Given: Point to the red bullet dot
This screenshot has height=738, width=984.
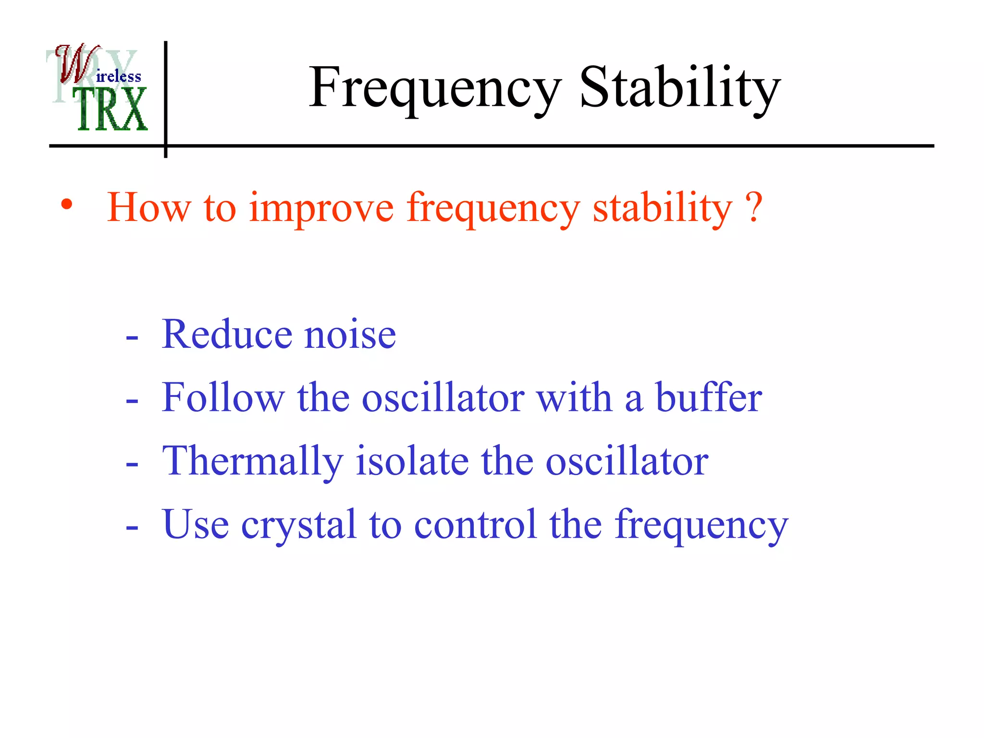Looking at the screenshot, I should click(x=67, y=206).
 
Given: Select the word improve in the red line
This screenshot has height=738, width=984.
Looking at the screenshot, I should click(x=321, y=209).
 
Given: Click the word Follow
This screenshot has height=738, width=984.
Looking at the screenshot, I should click(x=223, y=398).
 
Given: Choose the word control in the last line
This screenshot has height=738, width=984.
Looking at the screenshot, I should click(x=475, y=525).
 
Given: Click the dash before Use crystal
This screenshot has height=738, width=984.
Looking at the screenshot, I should click(x=132, y=528).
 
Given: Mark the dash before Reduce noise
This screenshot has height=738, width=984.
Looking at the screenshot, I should click(x=132, y=338).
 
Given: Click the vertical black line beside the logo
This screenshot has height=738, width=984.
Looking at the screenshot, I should click(x=166, y=96).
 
